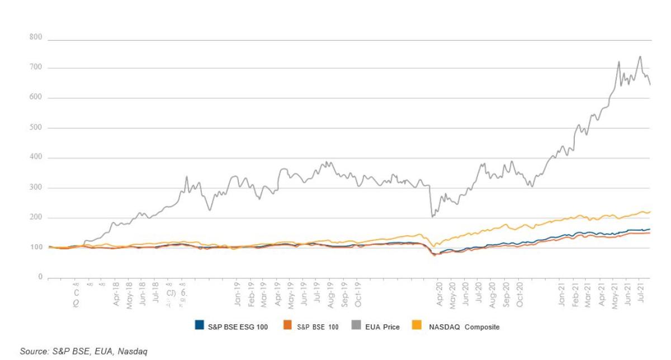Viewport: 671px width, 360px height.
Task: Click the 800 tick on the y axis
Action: pos(36,38)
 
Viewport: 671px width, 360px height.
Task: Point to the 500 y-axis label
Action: pos(36,128)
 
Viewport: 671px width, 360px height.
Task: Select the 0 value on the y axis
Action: pos(40,277)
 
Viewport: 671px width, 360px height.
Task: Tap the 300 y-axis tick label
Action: pos(36,188)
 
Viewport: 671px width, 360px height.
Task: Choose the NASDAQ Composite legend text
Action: pos(464,327)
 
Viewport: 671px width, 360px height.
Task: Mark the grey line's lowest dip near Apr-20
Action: pos(432,216)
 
